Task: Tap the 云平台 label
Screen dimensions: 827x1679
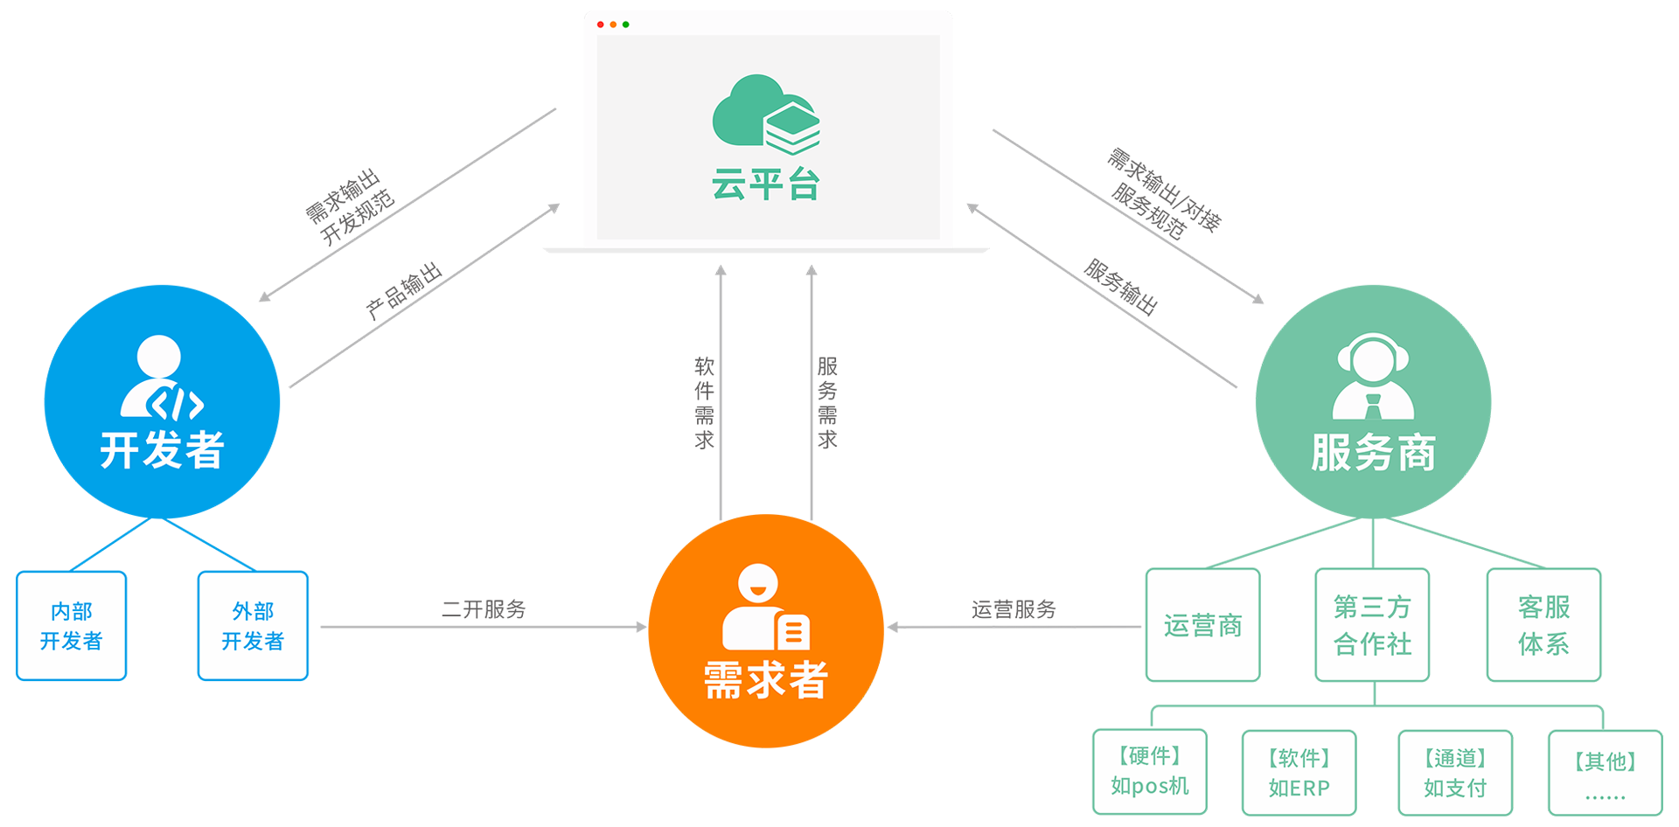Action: coord(765,185)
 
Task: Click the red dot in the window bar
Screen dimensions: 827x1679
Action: coord(600,24)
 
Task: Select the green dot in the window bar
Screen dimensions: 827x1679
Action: coord(626,24)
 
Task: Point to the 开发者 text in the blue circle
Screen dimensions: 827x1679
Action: coord(162,450)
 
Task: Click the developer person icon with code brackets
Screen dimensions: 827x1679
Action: coord(161,378)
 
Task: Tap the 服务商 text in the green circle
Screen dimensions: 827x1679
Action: coord(1373,453)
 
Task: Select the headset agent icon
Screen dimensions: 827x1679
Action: coord(1373,377)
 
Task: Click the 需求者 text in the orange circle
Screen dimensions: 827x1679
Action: coord(766,679)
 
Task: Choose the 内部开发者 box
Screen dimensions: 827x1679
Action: coord(72,626)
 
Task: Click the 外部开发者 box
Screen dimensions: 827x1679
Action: coord(253,626)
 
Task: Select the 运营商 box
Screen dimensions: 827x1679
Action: coord(1202,625)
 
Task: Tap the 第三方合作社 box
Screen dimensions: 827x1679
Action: coord(1372,625)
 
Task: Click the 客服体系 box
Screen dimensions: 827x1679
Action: coord(1543,625)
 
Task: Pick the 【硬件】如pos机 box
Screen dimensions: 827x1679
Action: coord(1150,772)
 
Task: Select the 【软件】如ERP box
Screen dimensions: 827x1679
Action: coord(1299,773)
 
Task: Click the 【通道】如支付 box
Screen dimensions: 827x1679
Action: coord(1455,773)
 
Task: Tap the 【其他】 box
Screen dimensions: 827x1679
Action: coord(1606,774)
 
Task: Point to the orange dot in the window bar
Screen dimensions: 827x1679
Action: coord(613,24)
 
